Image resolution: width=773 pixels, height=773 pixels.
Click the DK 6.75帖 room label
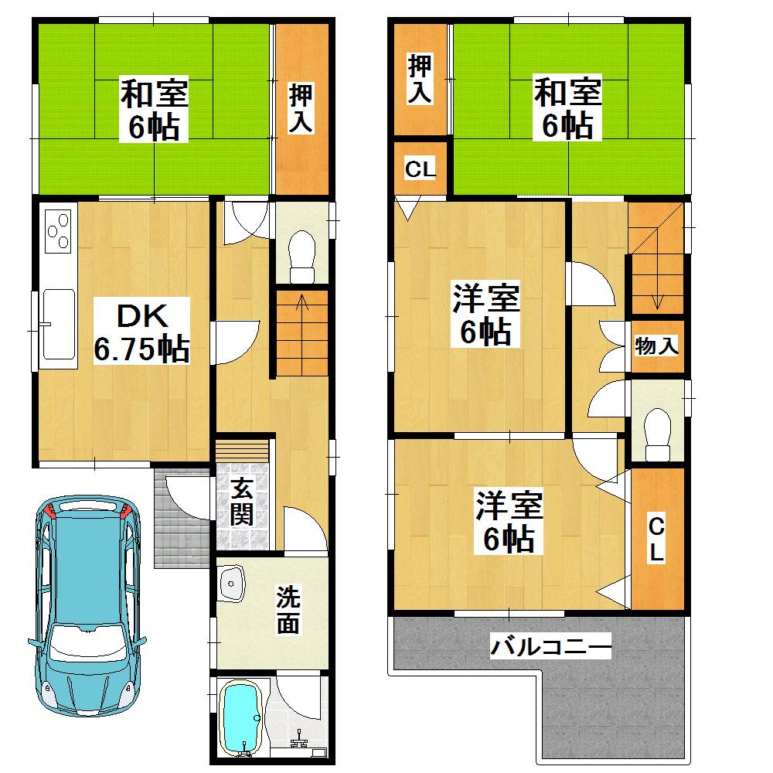[141, 334]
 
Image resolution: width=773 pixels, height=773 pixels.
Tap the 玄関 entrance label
[242, 502]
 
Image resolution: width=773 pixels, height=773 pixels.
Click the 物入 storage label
[657, 346]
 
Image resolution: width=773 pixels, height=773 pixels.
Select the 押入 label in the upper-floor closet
[420, 78]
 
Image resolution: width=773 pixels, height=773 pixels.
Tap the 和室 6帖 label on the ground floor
[153, 111]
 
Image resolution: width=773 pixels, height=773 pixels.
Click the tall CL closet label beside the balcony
[656, 539]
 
